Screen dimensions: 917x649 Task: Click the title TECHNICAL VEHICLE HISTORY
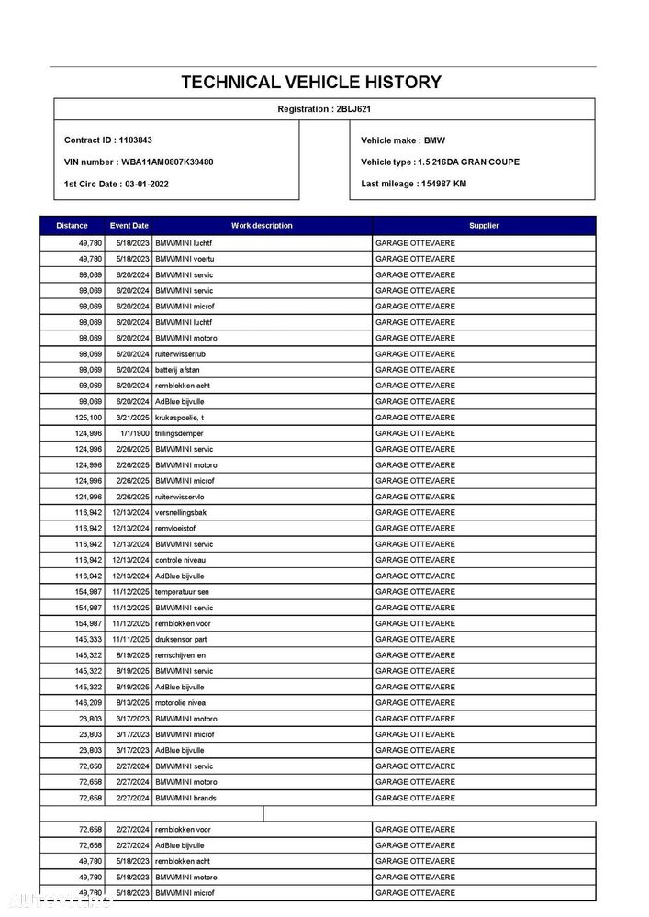[311, 82]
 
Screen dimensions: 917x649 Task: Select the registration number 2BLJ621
[354, 109]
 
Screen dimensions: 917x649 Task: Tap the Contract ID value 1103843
[135, 140]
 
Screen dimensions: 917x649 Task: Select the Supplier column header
[484, 226]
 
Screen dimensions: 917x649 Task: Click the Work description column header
[262, 226]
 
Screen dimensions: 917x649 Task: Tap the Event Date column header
[129, 226]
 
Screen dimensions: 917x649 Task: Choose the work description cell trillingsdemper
[180, 433]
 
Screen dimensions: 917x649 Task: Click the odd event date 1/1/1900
[134, 433]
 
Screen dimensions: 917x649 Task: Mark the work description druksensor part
[181, 639]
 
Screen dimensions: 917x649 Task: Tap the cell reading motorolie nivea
[180, 702]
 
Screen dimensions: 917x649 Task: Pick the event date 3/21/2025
[132, 417]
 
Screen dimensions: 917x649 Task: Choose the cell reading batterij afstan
[178, 370]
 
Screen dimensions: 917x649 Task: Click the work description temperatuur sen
[182, 592]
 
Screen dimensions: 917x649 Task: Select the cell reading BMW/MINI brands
[186, 798]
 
